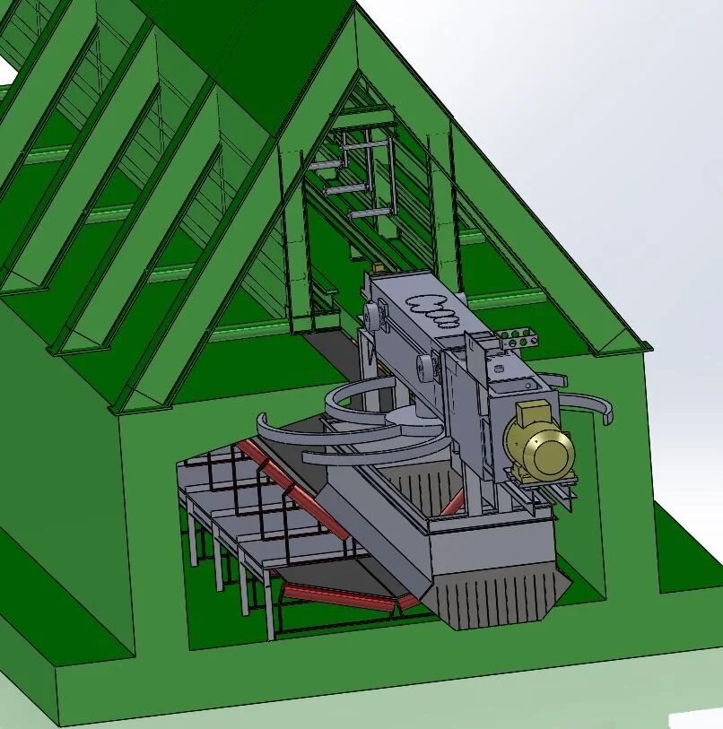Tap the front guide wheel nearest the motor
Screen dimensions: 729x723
pyautogui.click(x=424, y=366)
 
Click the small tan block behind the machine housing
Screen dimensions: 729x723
pyautogui.click(x=379, y=267)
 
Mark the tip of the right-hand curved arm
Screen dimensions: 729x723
pyautogui.click(x=612, y=414)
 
